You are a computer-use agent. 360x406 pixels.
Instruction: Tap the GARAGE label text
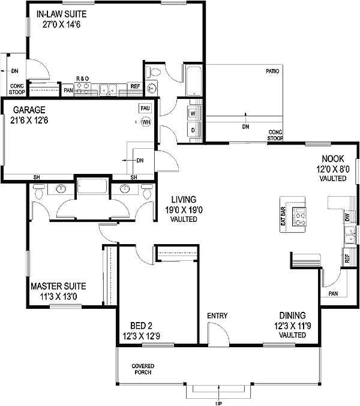(x=26, y=111)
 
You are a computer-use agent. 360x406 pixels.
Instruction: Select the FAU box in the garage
(x=145, y=109)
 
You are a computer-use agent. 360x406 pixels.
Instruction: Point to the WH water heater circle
(x=145, y=123)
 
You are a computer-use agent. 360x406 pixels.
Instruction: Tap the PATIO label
(x=273, y=71)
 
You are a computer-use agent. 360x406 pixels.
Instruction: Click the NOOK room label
(x=332, y=159)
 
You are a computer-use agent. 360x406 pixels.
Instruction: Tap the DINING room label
(x=292, y=315)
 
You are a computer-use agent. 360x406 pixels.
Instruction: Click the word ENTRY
(x=217, y=316)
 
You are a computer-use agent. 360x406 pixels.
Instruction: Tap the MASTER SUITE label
(x=58, y=286)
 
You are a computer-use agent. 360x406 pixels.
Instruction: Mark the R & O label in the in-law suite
(x=82, y=79)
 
